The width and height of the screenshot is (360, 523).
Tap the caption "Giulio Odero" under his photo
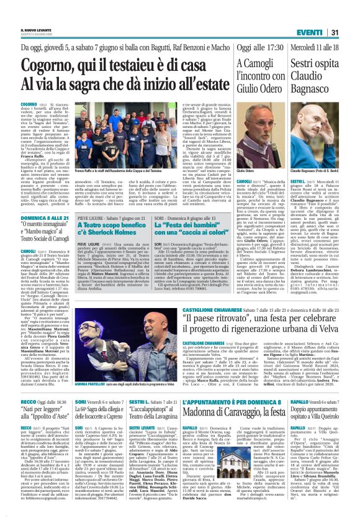coord(246,170)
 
